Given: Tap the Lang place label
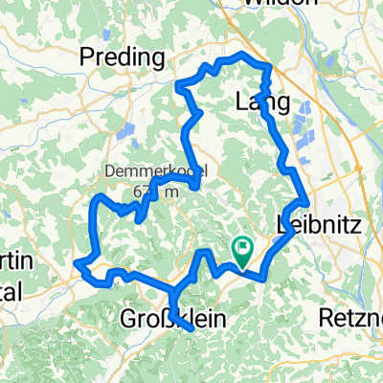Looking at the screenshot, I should pos(256,101).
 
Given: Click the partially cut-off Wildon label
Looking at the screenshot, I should pos(279,4).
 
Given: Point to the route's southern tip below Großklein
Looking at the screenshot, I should pos(191,328).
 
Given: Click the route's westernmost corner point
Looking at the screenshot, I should pos(76,259).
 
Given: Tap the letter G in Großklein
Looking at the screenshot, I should pos(131,319).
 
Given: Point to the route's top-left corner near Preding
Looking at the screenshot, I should pos(179,83).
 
